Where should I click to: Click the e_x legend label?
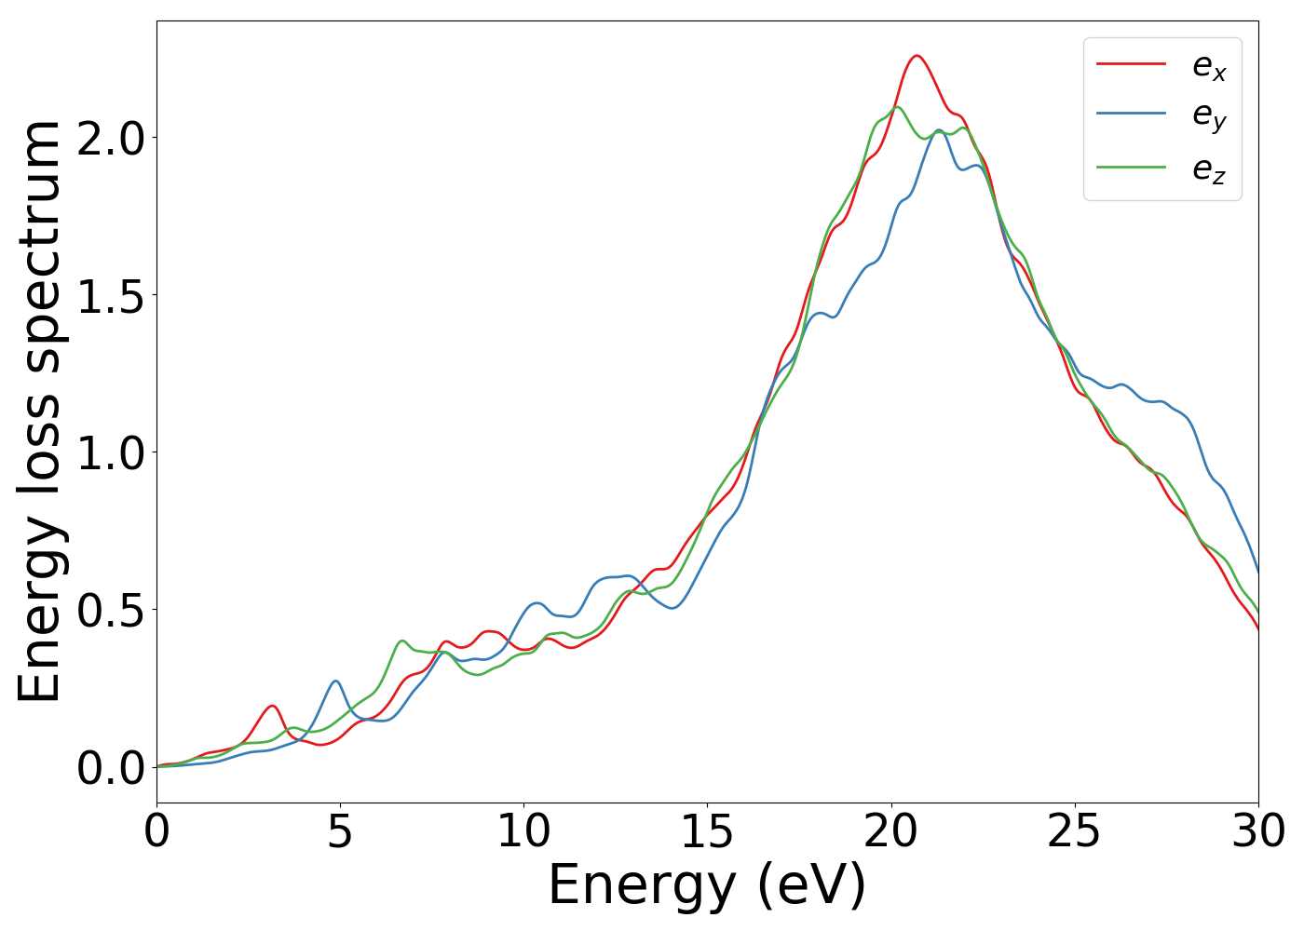(1209, 66)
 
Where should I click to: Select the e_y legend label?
(1209, 116)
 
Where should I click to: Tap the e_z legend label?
(1209, 169)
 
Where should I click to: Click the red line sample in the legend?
(1131, 63)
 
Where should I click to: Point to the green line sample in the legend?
(1131, 167)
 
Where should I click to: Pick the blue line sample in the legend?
(1131, 114)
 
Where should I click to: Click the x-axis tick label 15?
(707, 830)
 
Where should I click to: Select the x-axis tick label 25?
(1075, 830)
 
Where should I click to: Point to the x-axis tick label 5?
(340, 830)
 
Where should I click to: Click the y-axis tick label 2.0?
(111, 139)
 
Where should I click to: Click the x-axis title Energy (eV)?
(707, 885)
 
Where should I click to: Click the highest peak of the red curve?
(917, 56)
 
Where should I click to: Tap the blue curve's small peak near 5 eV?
(335, 681)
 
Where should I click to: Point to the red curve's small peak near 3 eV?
(272, 706)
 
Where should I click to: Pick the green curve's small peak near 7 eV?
(402, 641)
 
